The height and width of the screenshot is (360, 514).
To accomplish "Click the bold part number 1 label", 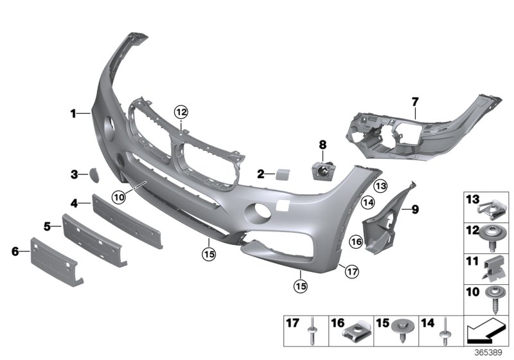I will (73, 114).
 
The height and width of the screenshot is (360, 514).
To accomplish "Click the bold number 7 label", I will (414, 101).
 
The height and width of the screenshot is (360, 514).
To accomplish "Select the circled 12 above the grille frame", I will (181, 112).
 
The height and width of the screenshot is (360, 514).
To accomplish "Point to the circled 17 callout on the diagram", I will (350, 271).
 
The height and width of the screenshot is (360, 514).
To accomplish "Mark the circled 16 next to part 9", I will (357, 242).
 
